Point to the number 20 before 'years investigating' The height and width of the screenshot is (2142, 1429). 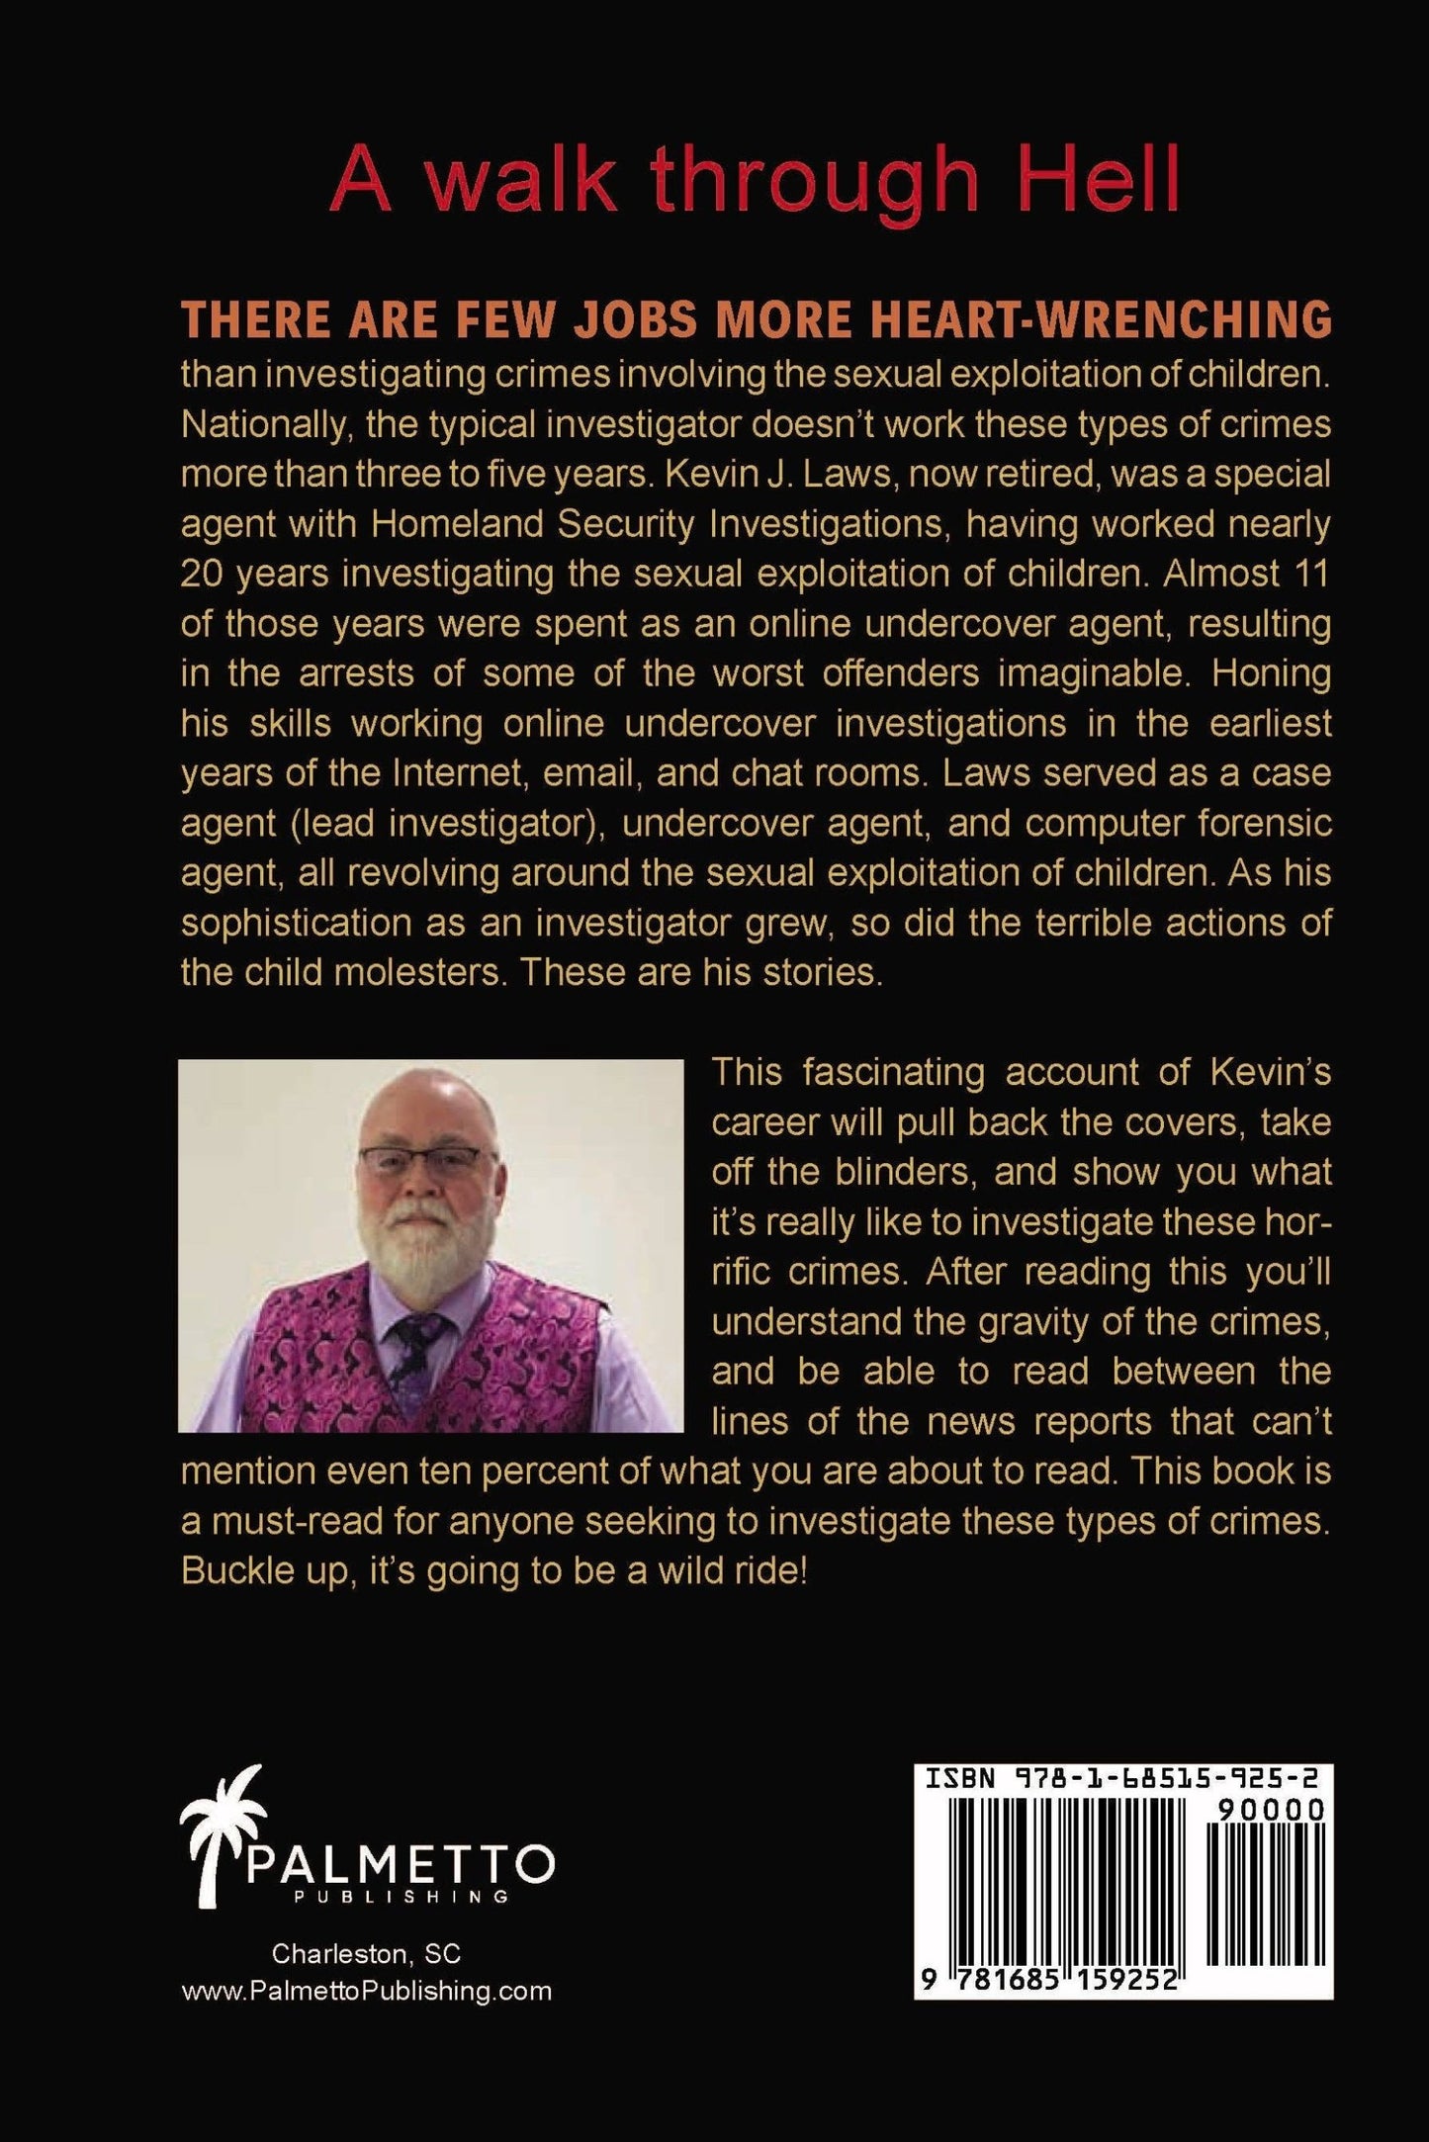[x=202, y=575]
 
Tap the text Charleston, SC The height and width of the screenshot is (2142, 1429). [x=366, y=1955]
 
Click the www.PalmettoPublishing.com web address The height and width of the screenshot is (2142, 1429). [x=367, y=1992]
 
